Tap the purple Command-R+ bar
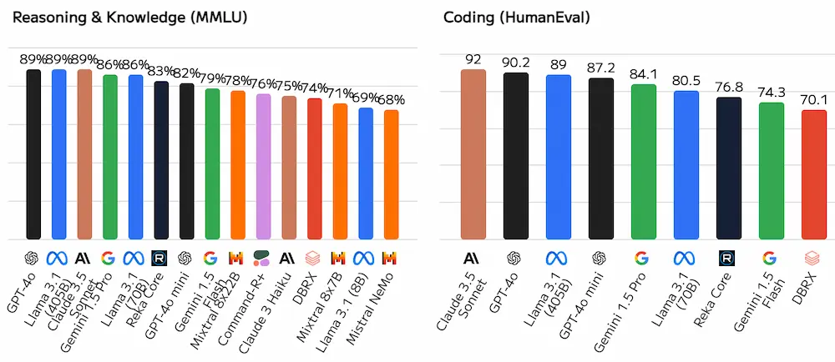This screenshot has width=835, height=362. (x=263, y=167)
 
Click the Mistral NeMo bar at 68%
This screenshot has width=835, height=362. (x=391, y=174)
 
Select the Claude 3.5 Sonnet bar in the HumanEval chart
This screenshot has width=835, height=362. (x=473, y=154)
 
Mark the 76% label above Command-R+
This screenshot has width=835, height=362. (x=263, y=84)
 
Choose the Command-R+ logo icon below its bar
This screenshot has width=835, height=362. (x=263, y=258)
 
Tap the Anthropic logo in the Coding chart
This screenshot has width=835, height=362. (x=473, y=258)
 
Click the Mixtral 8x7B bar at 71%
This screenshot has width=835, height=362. (x=340, y=172)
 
